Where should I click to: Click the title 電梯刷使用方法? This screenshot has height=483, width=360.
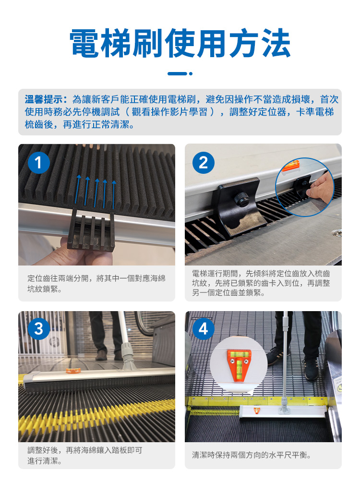point(180,43)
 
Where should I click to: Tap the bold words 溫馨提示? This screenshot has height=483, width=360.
point(43,99)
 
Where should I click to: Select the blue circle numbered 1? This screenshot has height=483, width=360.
point(39,163)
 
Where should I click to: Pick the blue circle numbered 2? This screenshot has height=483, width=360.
point(204,163)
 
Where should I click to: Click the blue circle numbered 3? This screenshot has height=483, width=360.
point(39,329)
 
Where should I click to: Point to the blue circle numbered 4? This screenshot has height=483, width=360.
point(204,329)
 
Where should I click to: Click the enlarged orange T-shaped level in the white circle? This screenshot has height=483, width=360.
point(239,365)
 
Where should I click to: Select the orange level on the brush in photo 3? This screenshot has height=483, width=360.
point(73,370)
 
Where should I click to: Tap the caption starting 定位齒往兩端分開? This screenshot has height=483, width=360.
point(96,283)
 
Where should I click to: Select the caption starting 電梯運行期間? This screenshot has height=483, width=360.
point(261,283)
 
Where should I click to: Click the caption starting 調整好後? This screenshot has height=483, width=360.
point(84,455)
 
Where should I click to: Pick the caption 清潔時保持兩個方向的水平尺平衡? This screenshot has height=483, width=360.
point(252,455)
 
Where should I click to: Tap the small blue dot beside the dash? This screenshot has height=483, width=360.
point(191,73)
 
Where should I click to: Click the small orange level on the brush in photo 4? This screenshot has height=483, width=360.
point(257,410)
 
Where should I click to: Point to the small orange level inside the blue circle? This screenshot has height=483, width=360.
point(291,166)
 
